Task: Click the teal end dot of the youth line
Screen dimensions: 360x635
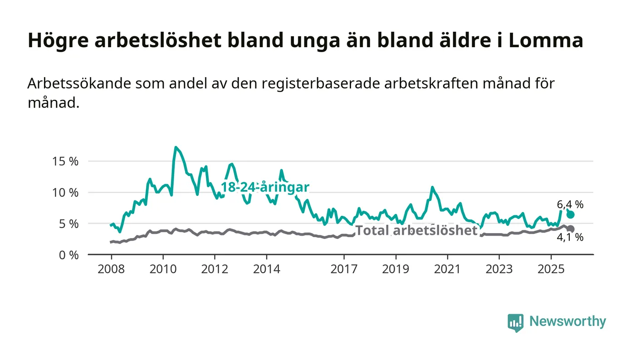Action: tap(571, 214)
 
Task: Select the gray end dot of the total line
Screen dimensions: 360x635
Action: tap(571, 229)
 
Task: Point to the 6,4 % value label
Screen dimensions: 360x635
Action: tap(570, 204)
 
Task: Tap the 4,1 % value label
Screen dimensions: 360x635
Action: tap(570, 237)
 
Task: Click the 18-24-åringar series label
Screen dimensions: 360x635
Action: tap(265, 187)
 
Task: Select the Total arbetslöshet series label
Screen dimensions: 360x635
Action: tap(416, 231)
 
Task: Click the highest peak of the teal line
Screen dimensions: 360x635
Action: tap(176, 147)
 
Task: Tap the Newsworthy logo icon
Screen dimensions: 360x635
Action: tap(515, 322)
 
